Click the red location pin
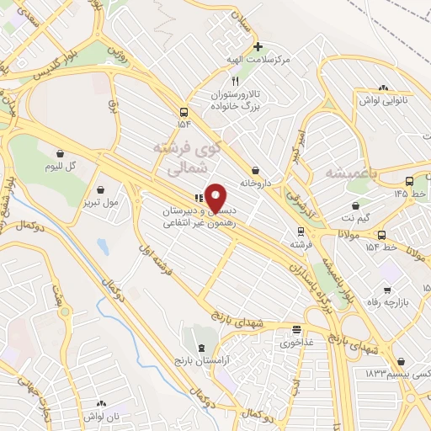click(215, 198)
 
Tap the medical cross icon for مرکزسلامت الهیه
click(258, 46)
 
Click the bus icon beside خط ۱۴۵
click(409, 180)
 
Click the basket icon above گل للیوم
click(60, 153)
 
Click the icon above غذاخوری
click(296, 329)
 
